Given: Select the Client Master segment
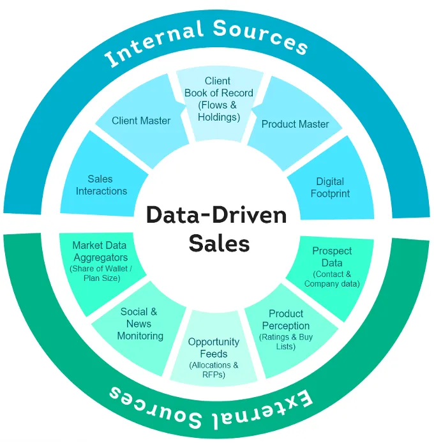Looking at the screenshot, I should click(141, 121).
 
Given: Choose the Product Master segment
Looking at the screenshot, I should click(295, 124).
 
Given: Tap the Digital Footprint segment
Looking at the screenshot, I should click(330, 187).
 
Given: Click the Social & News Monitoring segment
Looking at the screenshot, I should click(140, 324).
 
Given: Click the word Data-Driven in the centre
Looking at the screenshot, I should click(216, 214).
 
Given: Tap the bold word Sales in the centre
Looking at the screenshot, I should click(216, 243).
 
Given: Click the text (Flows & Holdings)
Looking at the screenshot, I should click(218, 110).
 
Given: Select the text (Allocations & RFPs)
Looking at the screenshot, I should click(213, 370).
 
